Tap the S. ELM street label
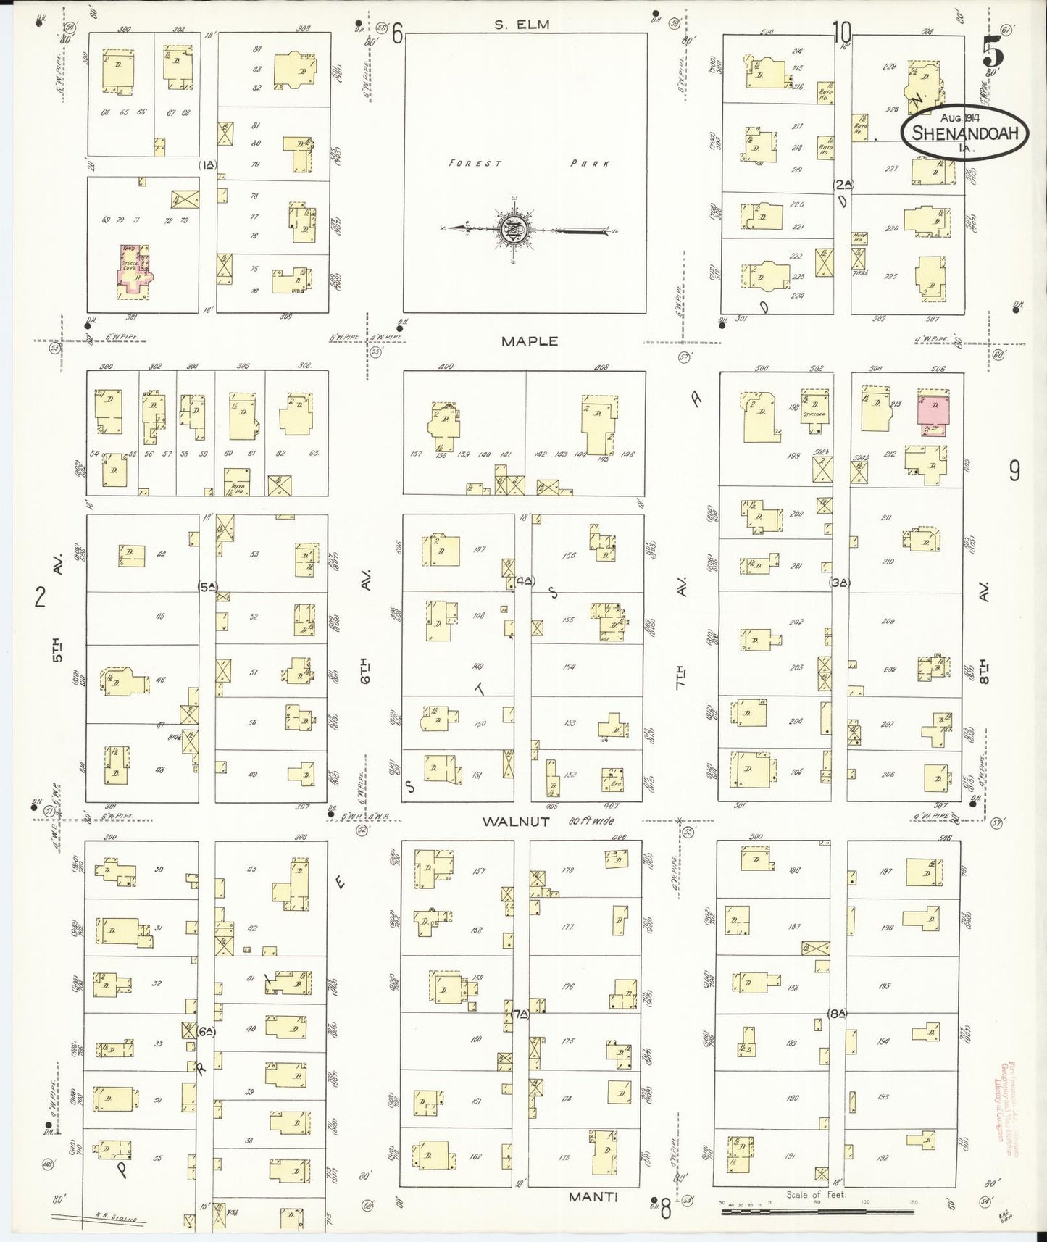(x=522, y=24)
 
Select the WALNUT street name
(x=517, y=822)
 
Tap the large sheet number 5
(x=993, y=54)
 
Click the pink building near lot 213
(x=933, y=411)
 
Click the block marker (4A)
(x=525, y=580)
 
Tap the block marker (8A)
(x=837, y=1014)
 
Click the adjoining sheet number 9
(x=1014, y=471)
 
